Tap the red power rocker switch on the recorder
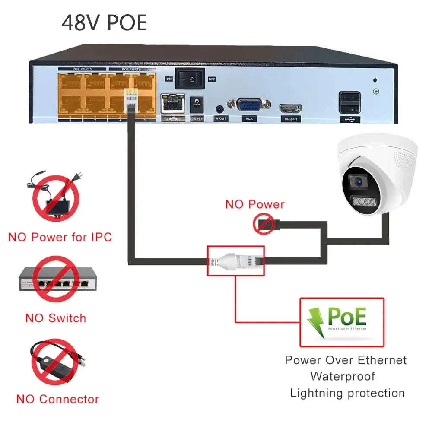tap(189, 78)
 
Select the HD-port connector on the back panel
tap(290, 108)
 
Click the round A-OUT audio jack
tap(220, 109)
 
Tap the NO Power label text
tap(255, 204)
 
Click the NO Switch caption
tap(56, 318)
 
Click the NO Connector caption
tap(57, 399)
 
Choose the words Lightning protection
tap(347, 393)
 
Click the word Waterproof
tap(343, 376)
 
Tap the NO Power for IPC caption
tap(60, 237)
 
